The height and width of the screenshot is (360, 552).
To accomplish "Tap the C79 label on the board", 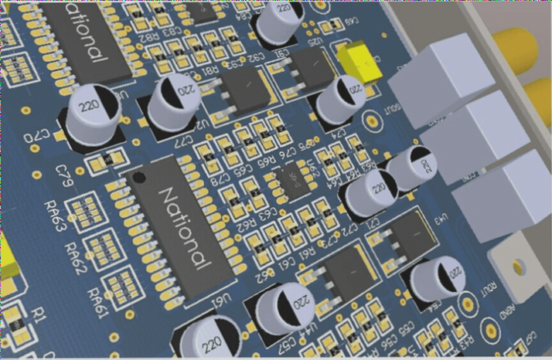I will [x=66, y=170].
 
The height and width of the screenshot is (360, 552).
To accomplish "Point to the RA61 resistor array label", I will [x=97, y=297].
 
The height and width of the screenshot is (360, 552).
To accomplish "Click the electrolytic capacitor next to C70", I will [x=91, y=117].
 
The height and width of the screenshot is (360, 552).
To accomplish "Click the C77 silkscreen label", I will [x=184, y=142].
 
